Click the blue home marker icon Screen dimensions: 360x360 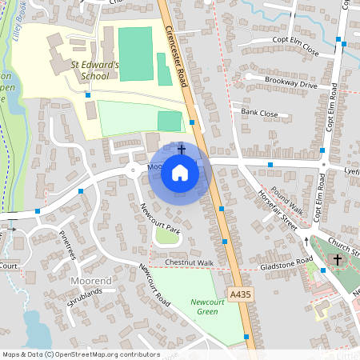point(180,172)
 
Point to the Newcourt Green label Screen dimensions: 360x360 point(208,306)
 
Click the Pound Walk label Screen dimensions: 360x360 point(287,195)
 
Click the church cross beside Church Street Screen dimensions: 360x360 point(337,260)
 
